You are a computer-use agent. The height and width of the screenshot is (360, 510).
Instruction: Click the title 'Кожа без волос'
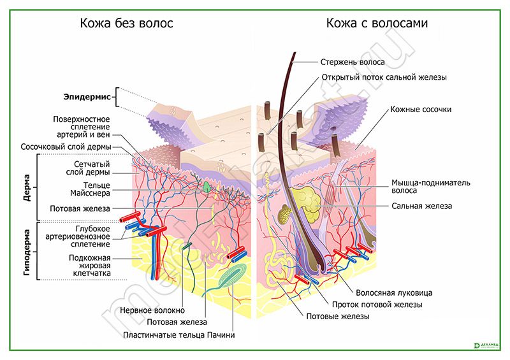pos(126,24)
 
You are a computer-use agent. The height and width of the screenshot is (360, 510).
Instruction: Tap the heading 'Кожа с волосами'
pos(377,24)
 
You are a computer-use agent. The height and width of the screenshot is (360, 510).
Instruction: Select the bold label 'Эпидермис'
pos(87,97)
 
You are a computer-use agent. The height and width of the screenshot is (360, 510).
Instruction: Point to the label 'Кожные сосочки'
pos(421,110)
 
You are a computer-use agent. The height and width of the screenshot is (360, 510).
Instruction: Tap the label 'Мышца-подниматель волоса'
pos(431,186)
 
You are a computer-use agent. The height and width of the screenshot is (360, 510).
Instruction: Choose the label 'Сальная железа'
pos(421,206)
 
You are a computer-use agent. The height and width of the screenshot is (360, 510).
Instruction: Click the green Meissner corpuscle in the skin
pos(208,187)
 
